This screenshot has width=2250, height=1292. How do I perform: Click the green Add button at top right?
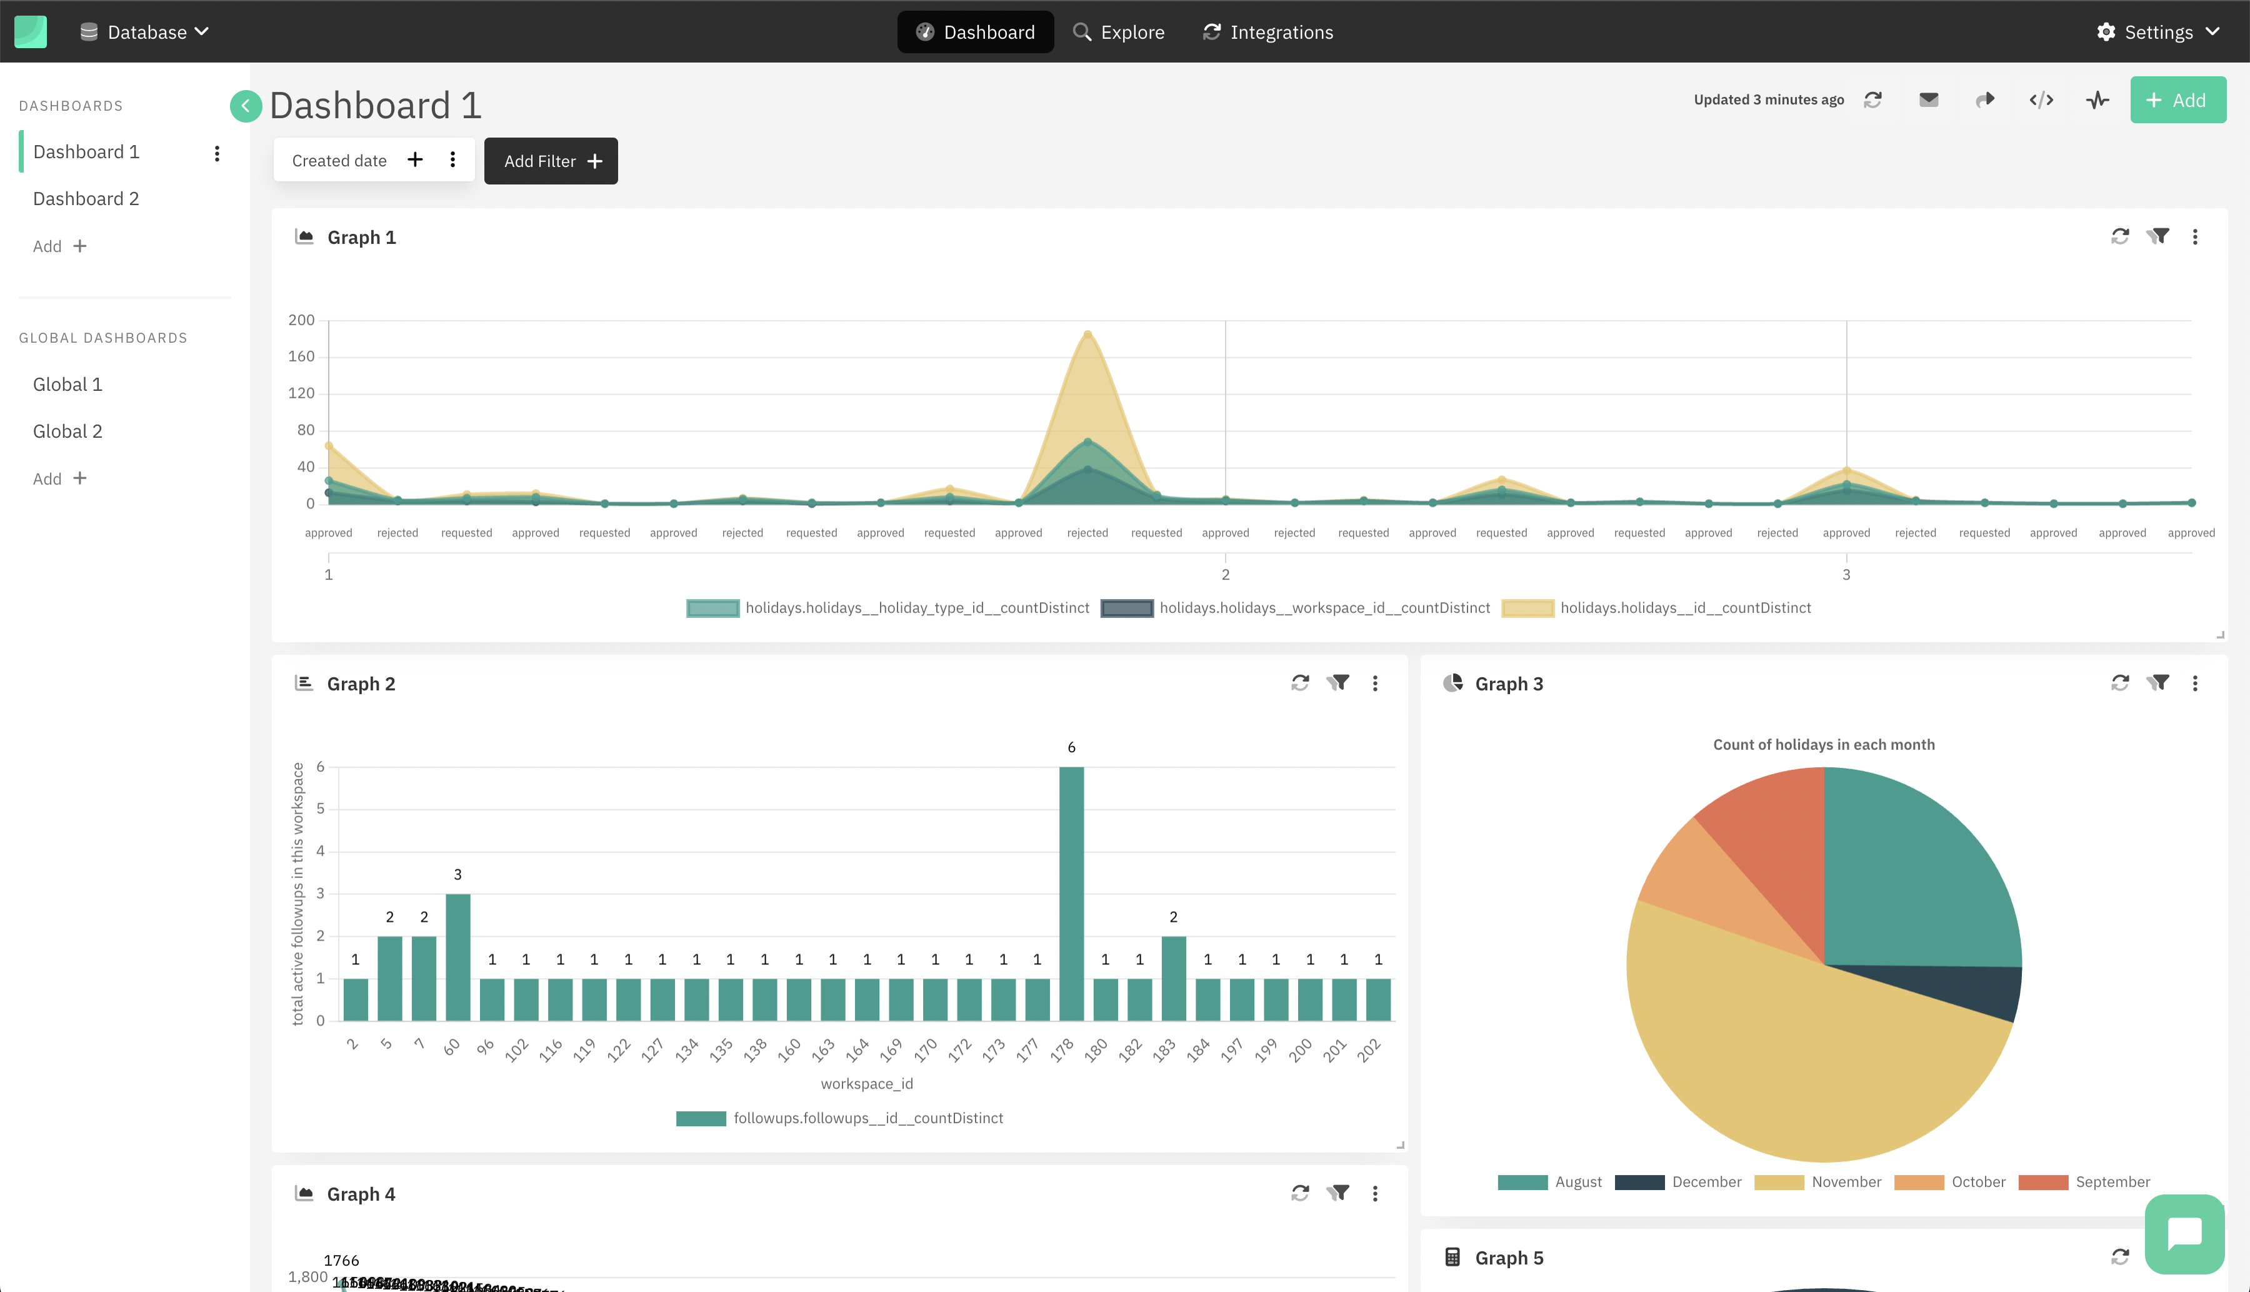(2177, 100)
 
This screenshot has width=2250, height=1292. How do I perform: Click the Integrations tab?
(1267, 32)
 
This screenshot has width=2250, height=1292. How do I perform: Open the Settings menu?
(2157, 32)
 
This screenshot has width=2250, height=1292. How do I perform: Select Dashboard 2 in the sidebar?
(86, 199)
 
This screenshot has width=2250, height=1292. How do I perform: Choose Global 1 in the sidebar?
(67, 384)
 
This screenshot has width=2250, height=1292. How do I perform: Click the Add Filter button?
(551, 161)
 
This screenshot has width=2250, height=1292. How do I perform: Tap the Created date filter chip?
(339, 161)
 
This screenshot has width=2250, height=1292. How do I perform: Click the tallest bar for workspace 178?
(1071, 892)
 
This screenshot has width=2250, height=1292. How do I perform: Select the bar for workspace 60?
(457, 957)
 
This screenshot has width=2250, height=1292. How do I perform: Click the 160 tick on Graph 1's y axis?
(301, 356)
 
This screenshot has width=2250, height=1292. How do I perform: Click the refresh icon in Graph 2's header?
(1299, 684)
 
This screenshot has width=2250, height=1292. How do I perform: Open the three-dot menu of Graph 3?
(2194, 684)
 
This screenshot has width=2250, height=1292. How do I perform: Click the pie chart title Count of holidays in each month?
(1823, 745)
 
